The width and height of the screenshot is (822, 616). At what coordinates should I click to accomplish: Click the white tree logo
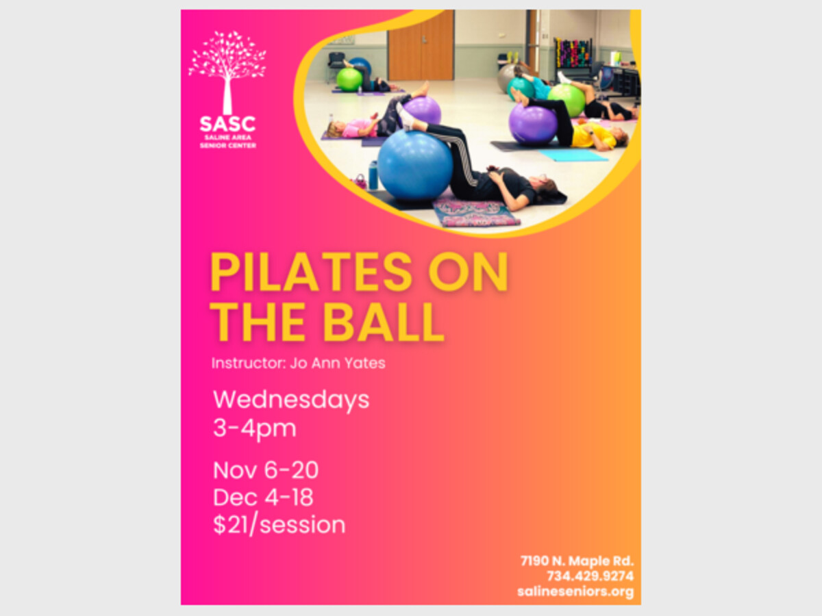pos(227,72)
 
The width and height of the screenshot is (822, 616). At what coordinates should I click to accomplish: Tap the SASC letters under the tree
pos(227,124)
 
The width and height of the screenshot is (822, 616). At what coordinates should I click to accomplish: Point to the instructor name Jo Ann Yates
pos(338,363)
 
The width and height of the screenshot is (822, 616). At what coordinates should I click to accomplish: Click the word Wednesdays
pos(291,400)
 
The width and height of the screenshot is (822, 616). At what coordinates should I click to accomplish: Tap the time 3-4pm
pos(255,428)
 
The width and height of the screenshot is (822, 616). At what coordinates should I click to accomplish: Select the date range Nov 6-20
pos(266,470)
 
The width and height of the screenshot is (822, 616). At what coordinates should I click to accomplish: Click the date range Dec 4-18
pos(263,498)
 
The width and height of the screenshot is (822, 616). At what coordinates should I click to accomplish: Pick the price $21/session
pos(279,525)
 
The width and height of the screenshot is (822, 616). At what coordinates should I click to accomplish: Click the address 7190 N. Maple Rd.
pos(577,561)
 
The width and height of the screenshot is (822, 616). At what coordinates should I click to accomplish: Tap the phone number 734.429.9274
pos(590,576)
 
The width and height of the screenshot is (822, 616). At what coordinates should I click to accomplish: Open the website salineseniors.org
pos(575,591)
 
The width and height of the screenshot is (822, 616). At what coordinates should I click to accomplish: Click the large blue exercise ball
pos(415,166)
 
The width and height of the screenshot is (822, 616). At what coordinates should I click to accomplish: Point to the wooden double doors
pos(421,46)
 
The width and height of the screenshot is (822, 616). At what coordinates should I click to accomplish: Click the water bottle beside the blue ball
pos(373,175)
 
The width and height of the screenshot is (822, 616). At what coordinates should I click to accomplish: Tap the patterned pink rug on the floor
pos(476,213)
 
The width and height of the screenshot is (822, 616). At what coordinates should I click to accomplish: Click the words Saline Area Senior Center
pos(227,142)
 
